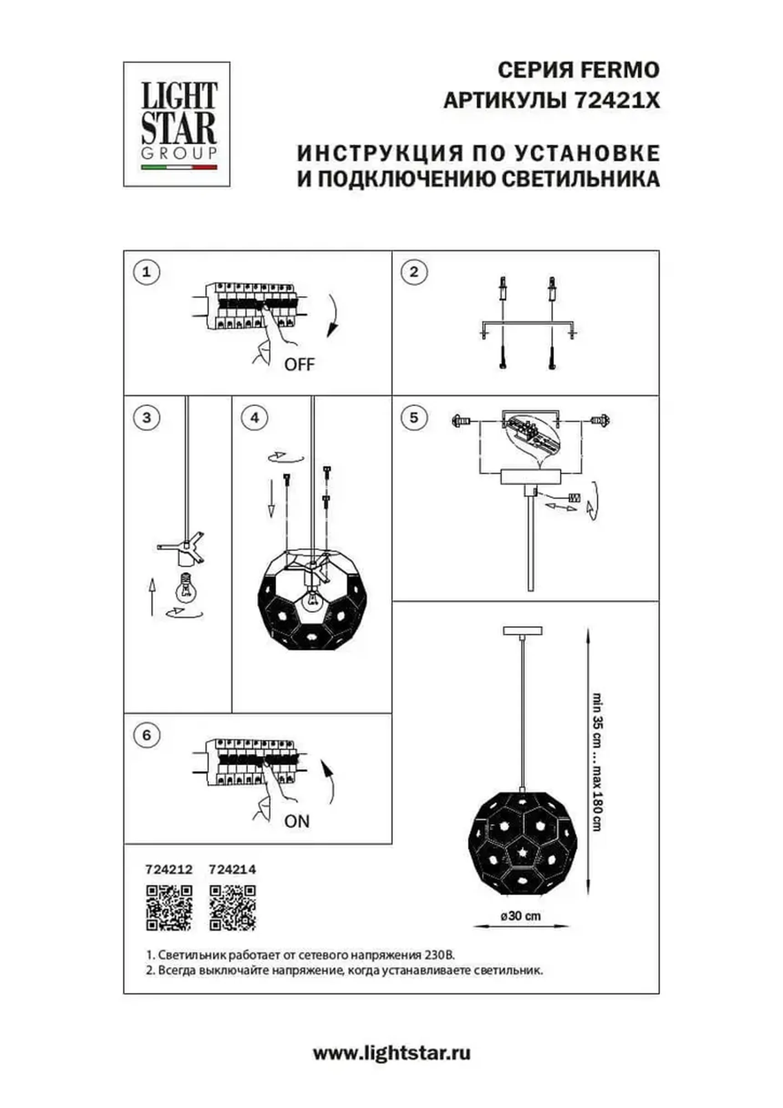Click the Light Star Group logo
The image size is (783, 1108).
tap(177, 124)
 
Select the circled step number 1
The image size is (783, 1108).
tap(146, 272)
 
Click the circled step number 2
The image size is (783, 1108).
tap(414, 272)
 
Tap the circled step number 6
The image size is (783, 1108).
tap(146, 735)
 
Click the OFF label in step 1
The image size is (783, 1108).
tap(299, 364)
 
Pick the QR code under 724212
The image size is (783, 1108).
tap(169, 908)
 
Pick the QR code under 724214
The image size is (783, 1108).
tap(233, 908)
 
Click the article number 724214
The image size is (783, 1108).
tap(233, 870)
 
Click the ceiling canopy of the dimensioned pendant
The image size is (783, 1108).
tap(523, 630)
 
